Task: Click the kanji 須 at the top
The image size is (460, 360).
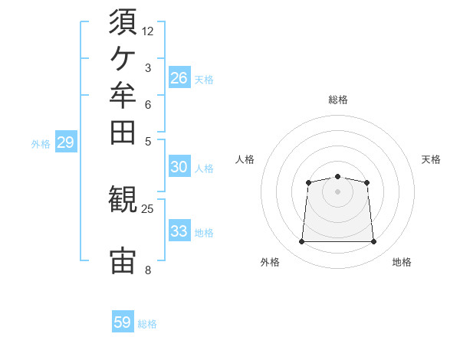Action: click(123, 21)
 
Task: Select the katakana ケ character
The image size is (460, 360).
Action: click(123, 59)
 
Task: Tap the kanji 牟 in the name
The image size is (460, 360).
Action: click(123, 95)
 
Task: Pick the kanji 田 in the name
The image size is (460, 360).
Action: click(123, 133)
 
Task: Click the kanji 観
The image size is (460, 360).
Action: click(123, 199)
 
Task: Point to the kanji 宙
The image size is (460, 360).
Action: click(123, 260)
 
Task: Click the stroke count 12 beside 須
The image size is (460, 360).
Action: click(147, 31)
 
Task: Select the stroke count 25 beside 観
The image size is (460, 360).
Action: click(147, 209)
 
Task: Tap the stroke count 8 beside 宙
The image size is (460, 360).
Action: click(148, 270)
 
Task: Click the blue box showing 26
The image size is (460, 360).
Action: click(179, 77)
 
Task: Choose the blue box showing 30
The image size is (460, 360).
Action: click(179, 166)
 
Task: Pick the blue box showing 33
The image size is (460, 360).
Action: click(179, 230)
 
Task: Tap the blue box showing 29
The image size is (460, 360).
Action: click(66, 141)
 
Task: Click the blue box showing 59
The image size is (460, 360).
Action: click(123, 321)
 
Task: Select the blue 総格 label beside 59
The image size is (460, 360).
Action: click(147, 324)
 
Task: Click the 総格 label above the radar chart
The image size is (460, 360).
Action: click(338, 100)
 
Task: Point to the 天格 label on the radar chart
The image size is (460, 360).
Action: click(431, 159)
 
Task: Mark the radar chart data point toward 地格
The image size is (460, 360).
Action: click(373, 241)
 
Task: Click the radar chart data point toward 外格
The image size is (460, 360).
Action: click(301, 241)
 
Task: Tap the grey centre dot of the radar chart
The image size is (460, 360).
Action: click(337, 191)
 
